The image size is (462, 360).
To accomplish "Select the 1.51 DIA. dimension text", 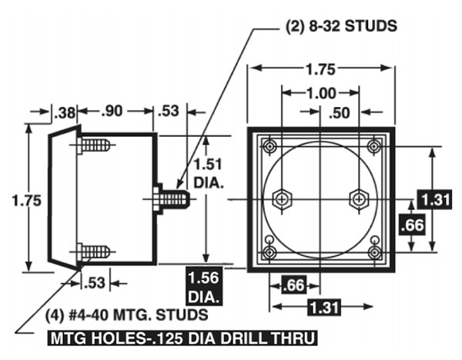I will [x=208, y=174].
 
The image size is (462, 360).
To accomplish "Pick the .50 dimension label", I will [x=340, y=112].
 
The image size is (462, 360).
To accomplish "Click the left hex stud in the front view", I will [x=283, y=198].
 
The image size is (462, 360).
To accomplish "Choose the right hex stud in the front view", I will [x=358, y=198].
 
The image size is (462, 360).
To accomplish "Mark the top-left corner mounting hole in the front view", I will [x=270, y=146].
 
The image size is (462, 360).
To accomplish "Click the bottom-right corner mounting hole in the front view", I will [x=375, y=251].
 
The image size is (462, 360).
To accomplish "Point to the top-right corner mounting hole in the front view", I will [x=375, y=146].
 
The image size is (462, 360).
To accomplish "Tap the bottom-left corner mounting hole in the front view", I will [x=270, y=251].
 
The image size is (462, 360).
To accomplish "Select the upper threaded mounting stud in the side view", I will [x=95, y=145].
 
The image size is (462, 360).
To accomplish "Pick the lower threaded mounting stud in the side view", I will [x=95, y=251].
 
